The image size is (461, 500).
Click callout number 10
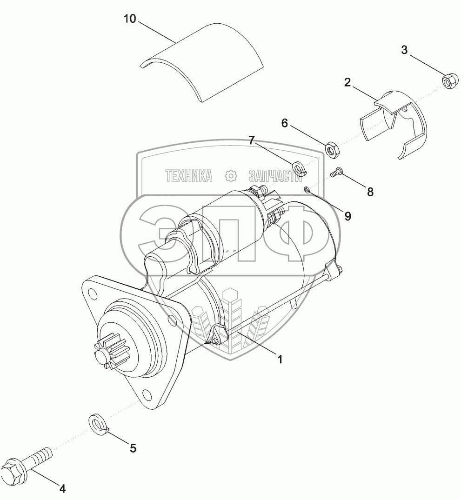pos(130,19)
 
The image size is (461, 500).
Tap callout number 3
pos(404,50)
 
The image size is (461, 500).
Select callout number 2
pos(347,82)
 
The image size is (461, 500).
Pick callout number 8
pos(370,192)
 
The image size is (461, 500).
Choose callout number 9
pos(347,216)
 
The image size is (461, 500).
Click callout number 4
pos(62,488)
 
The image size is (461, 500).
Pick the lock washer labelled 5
pos(97,423)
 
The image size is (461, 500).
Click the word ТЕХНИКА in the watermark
pos(189,175)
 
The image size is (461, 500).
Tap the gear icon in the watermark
pos(231,175)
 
